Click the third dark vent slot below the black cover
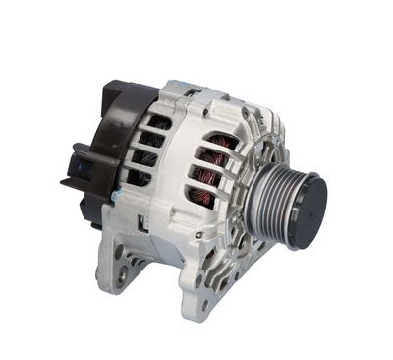click(144, 158)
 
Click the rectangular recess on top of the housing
click(193, 92)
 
